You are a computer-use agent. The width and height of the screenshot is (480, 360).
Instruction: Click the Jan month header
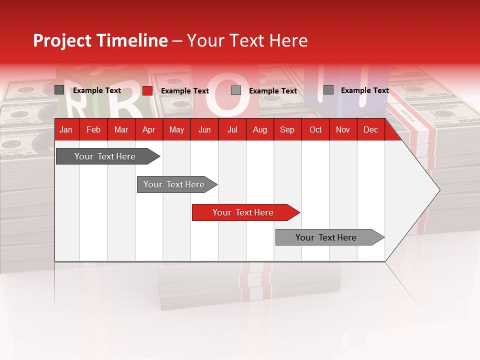tap(66, 129)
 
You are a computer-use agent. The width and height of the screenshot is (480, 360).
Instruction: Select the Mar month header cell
tap(121, 129)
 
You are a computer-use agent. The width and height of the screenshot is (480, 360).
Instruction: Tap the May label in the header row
tap(176, 129)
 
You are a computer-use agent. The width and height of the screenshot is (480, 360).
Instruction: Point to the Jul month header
tap(232, 129)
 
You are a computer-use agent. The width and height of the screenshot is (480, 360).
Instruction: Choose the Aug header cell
tap(259, 129)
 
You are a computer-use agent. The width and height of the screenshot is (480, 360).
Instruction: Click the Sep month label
tap(287, 129)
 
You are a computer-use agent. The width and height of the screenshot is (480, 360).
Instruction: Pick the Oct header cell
tap(315, 129)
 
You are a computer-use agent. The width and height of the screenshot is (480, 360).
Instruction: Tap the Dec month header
tap(370, 129)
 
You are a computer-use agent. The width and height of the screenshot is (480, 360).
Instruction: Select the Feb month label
tap(93, 129)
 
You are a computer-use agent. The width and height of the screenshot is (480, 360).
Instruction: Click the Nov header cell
tap(343, 129)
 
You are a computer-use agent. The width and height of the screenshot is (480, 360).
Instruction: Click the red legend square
tap(147, 90)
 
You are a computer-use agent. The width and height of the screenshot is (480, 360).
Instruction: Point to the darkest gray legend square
tap(59, 90)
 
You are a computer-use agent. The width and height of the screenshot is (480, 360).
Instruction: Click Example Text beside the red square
tap(185, 91)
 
